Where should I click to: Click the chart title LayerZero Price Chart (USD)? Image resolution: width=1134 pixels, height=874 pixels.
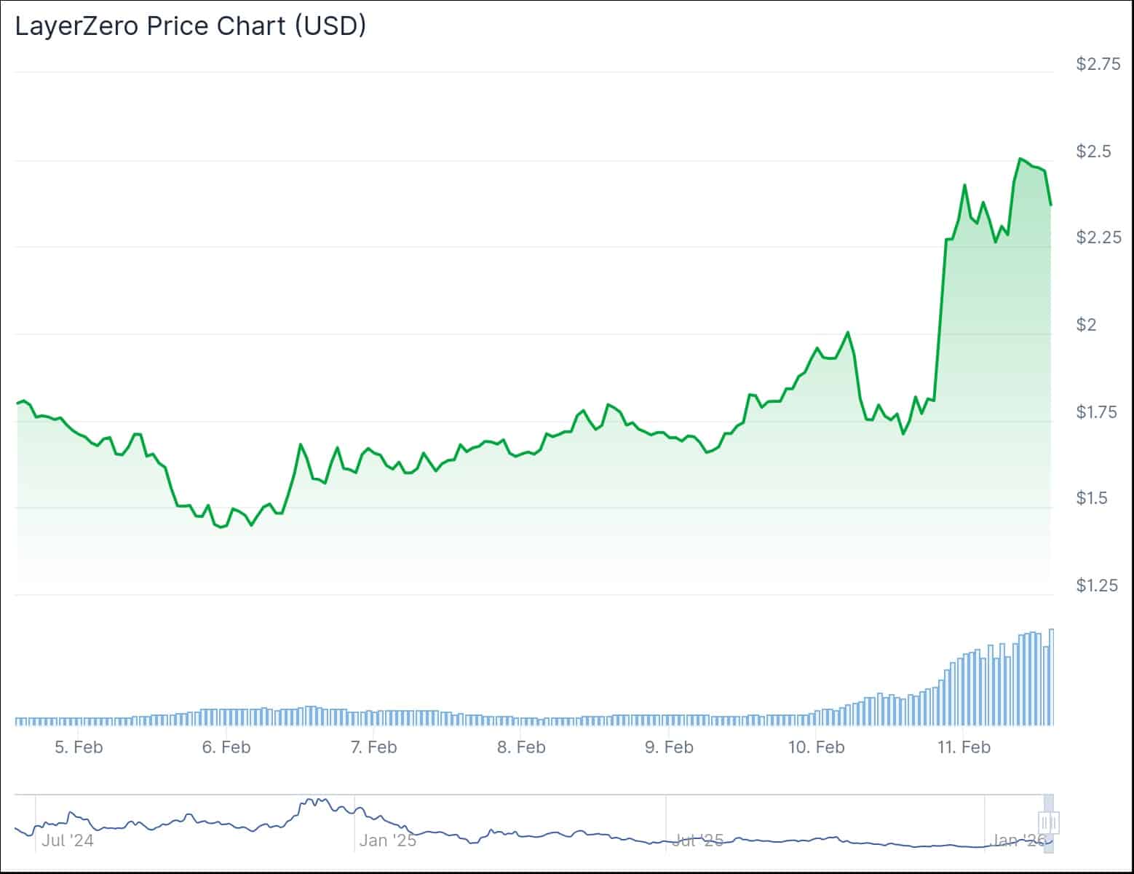tap(191, 26)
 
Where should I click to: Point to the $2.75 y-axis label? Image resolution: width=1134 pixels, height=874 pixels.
tap(1098, 64)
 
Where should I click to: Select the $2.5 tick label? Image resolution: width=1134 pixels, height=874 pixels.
tap(1094, 151)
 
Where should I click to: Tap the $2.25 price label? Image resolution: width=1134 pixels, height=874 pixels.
tap(1098, 237)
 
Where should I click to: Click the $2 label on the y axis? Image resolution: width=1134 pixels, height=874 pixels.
tap(1086, 325)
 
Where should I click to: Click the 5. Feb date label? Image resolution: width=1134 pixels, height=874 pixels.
tap(79, 747)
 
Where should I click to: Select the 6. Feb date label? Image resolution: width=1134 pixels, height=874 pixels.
tap(226, 747)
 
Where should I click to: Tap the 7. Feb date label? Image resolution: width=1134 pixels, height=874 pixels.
tap(374, 747)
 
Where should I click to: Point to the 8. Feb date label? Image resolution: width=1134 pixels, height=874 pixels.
tap(521, 747)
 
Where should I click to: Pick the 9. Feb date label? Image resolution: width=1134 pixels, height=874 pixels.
tap(669, 747)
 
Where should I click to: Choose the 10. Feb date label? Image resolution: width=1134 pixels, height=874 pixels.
tap(817, 747)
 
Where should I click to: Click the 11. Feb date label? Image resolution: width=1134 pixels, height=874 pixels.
tap(964, 747)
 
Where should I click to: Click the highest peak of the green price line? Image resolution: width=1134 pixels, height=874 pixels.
tap(1020, 159)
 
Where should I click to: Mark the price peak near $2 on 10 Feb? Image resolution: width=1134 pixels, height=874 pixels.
tap(847, 333)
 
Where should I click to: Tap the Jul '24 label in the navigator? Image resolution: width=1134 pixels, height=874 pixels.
tap(67, 840)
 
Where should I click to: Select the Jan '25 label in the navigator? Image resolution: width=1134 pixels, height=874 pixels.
tap(388, 840)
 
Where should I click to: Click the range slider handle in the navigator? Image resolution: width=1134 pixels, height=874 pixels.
tap(1049, 823)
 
